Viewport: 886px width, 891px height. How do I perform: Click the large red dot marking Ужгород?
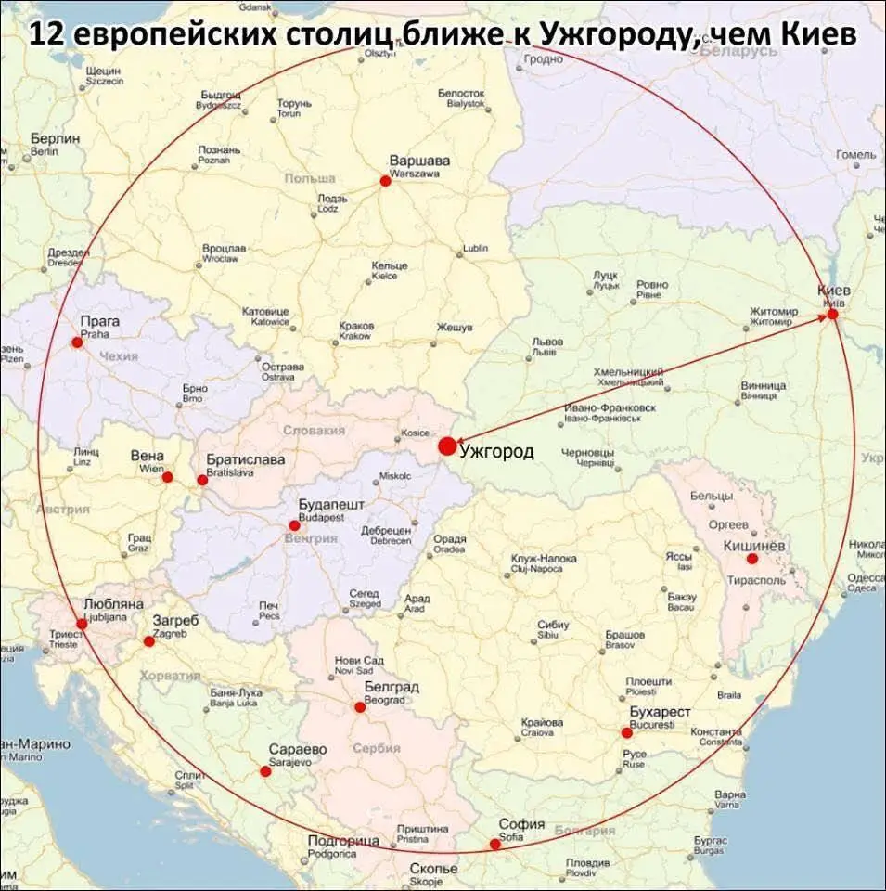447,446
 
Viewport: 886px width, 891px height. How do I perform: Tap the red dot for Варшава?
386,181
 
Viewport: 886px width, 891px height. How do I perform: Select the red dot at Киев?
832,314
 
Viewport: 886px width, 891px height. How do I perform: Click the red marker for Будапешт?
294,525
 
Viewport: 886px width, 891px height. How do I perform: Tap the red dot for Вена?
168,477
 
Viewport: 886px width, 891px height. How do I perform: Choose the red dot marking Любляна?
82,624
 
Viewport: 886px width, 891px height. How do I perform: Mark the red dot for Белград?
360,707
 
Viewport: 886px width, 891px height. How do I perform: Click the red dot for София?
494,844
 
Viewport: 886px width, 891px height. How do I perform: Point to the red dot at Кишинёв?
752,559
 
